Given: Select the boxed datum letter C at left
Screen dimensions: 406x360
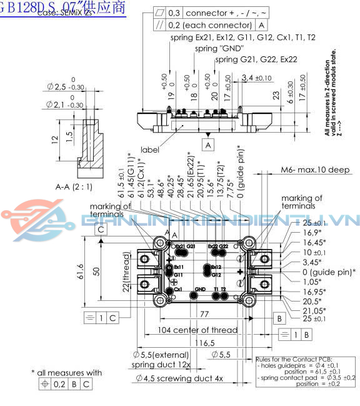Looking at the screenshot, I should coord(99,230).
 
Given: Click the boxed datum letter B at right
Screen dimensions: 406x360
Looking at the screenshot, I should coord(279,318).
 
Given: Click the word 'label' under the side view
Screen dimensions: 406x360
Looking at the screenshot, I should coord(149,150).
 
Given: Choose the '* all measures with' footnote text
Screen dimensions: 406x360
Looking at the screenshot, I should coord(66,373).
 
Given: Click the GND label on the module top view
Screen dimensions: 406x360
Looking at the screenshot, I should coord(200,289).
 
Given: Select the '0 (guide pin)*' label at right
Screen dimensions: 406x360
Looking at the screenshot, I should coord(329,272).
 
